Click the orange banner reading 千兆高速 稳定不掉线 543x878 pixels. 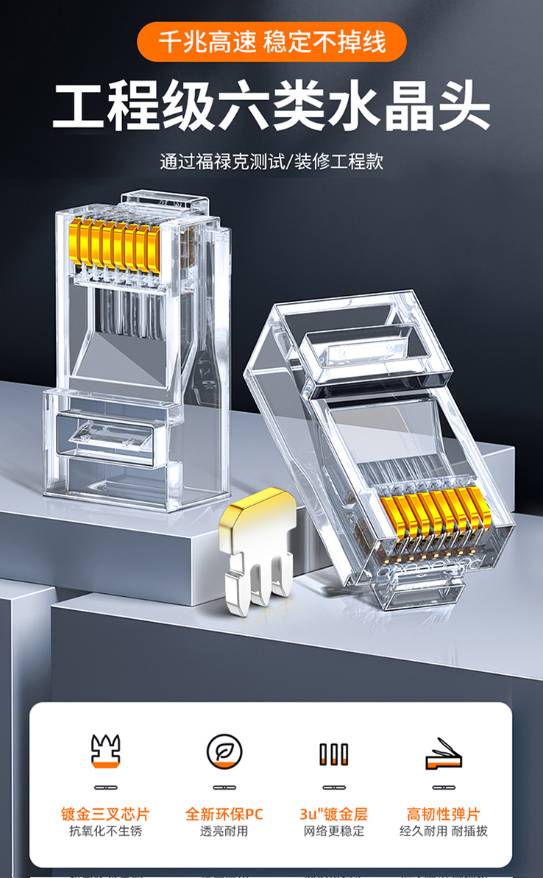click(x=271, y=42)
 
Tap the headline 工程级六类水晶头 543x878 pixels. click(x=271, y=107)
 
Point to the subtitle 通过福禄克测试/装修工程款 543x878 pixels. click(x=271, y=162)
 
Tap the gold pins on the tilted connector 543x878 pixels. click(x=436, y=516)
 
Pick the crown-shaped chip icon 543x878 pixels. click(x=106, y=751)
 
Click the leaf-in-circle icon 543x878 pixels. click(x=224, y=751)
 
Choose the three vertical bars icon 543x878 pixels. click(x=333, y=754)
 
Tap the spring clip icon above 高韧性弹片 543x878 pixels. click(x=443, y=754)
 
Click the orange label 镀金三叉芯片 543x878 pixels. click(x=106, y=814)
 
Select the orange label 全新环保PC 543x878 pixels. click(x=224, y=814)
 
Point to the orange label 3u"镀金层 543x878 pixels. click(x=333, y=814)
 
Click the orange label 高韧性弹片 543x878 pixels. click(x=444, y=814)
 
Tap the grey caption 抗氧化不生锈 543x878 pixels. click(x=106, y=831)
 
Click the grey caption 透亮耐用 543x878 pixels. click(x=224, y=831)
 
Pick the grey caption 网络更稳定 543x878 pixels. click(x=333, y=831)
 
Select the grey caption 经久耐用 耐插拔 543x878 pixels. click(x=444, y=831)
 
